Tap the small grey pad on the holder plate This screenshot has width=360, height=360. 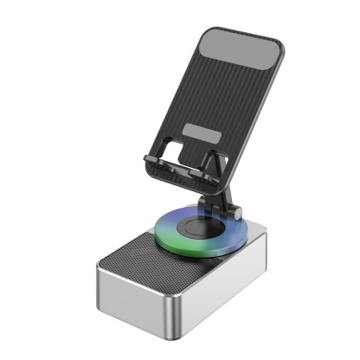[201, 136]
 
